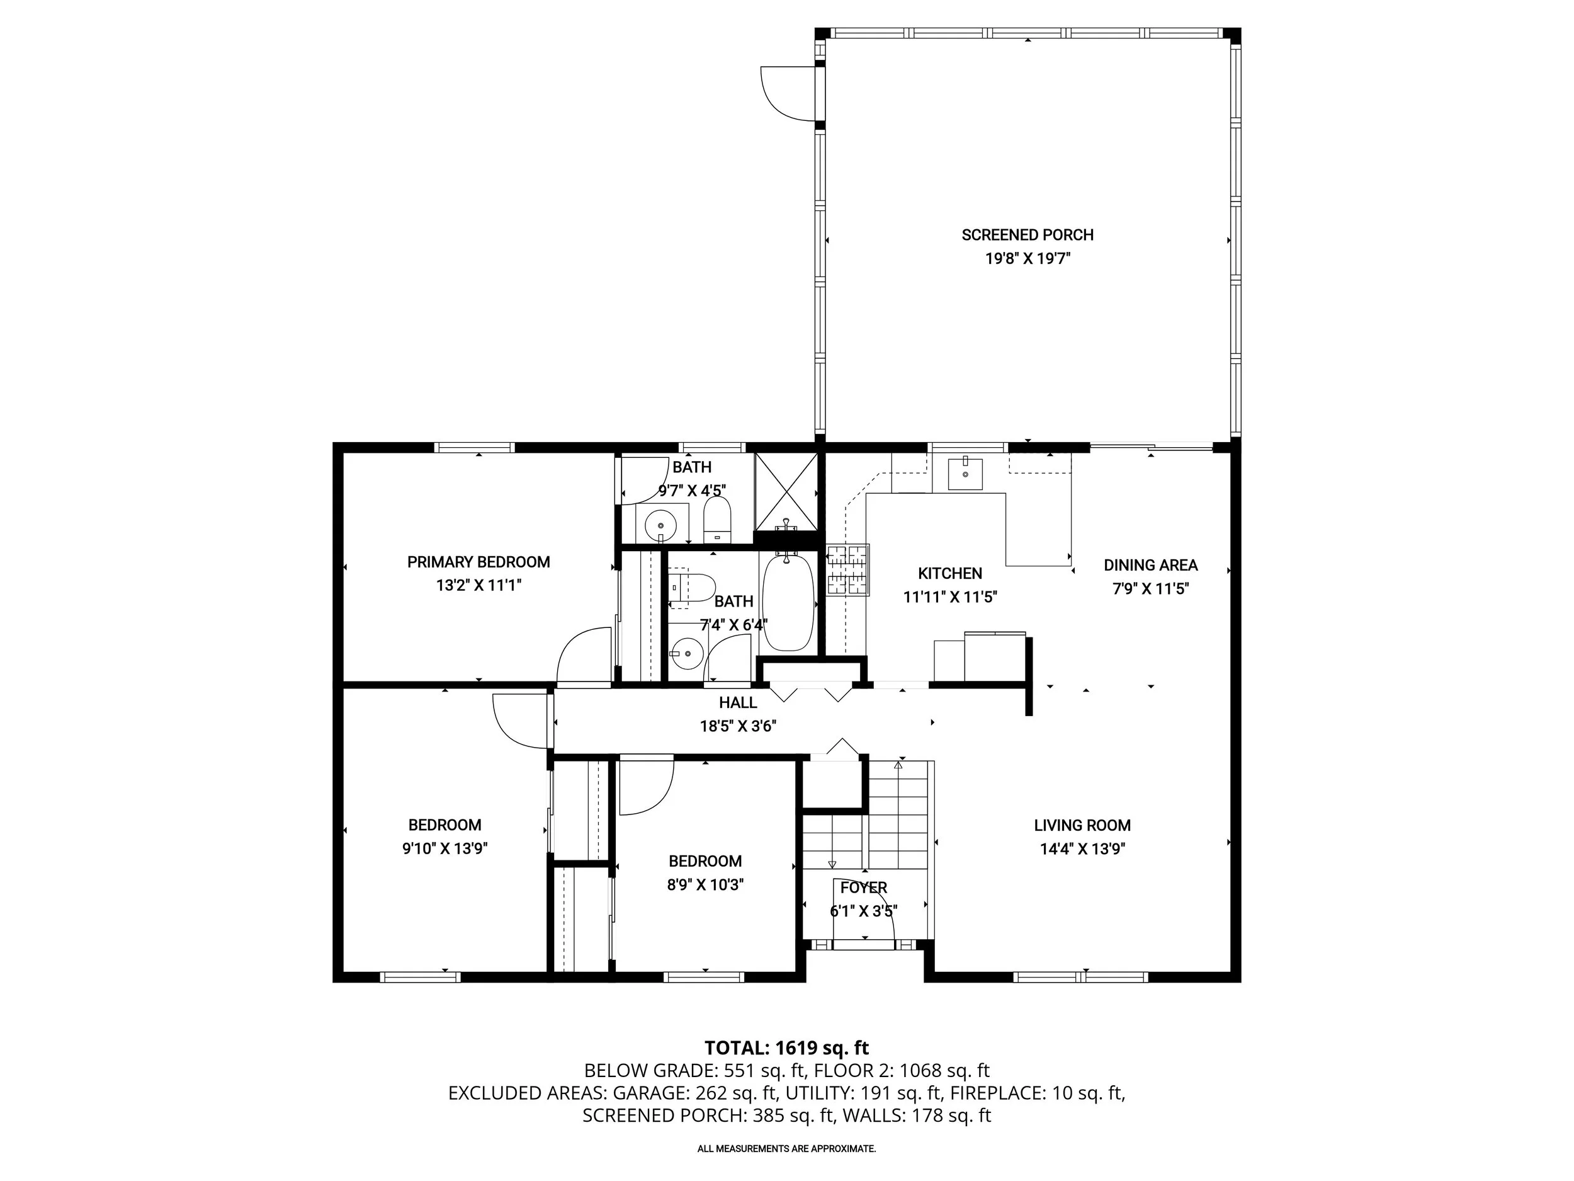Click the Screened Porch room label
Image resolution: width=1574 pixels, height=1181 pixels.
tap(1027, 235)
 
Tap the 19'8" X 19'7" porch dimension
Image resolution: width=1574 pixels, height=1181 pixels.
tap(1027, 258)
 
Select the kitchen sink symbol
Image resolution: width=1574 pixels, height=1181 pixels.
tap(965, 474)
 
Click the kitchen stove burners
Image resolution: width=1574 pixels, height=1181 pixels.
tap(847, 569)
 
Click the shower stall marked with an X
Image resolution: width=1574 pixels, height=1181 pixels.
tap(786, 492)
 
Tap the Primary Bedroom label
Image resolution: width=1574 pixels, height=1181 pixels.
tap(478, 562)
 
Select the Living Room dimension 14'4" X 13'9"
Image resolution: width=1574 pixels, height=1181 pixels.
tap(1082, 849)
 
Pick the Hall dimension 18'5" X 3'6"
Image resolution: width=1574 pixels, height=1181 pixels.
tap(737, 726)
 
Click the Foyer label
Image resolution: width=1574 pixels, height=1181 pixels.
tap(863, 887)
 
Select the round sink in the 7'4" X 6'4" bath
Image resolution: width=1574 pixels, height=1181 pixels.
tap(687, 653)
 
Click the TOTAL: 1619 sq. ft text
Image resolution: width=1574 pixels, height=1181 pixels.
tap(786, 1048)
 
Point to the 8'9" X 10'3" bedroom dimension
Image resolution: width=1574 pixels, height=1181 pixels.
tap(705, 885)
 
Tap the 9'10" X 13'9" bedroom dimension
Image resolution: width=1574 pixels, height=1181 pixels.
tap(444, 848)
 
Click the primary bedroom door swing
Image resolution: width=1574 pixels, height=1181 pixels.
tap(584, 655)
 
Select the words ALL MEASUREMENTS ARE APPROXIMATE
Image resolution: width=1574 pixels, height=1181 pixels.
tap(786, 1148)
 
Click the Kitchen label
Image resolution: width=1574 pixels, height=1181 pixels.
tap(949, 574)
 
